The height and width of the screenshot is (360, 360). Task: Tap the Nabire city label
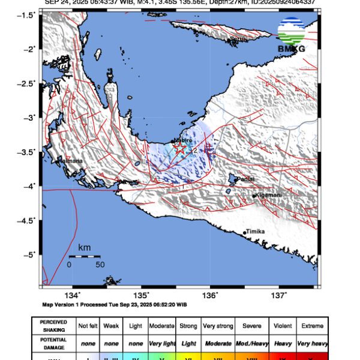coord(183,140)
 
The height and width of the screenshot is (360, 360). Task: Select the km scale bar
coord(84,256)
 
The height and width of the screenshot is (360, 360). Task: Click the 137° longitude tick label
coord(279,295)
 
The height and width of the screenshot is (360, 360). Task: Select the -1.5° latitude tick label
coord(28,14)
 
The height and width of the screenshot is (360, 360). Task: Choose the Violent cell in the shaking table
coord(283,326)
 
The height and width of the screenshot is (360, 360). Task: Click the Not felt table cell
coord(88,326)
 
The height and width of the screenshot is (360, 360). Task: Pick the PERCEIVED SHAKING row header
coord(53,326)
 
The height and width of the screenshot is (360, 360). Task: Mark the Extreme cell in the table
coord(313,326)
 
